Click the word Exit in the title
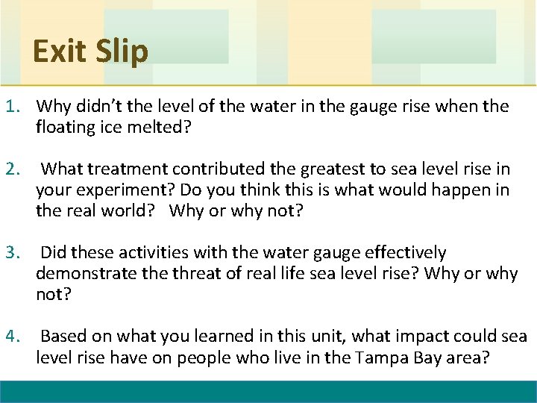point(60,51)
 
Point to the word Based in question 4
point(63,337)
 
